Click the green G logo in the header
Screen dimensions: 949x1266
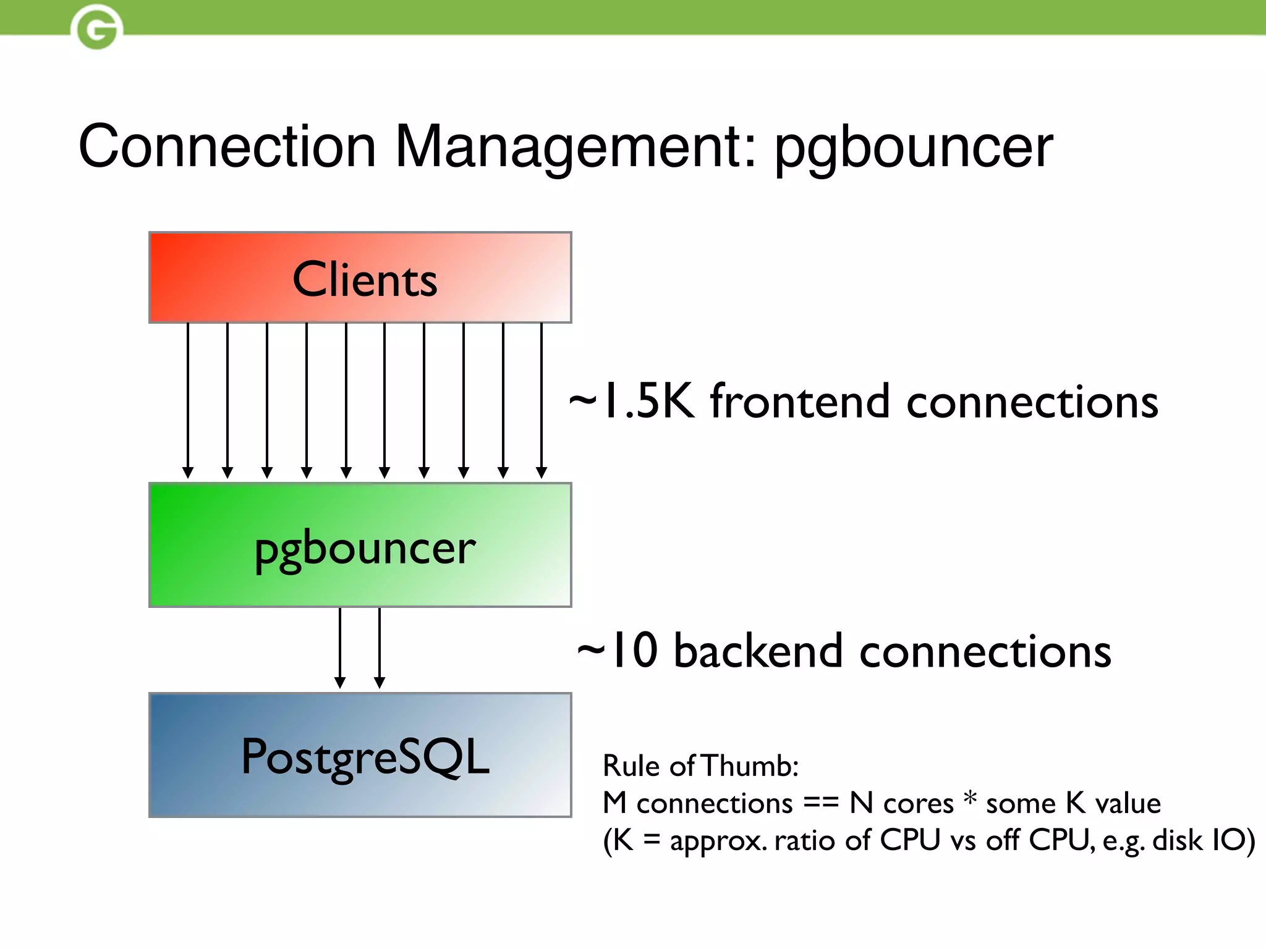click(x=96, y=28)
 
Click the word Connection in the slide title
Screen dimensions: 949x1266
click(x=227, y=146)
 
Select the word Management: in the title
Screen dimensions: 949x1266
click(x=575, y=146)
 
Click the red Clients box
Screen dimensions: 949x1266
click(x=360, y=278)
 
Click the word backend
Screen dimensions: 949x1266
click(x=758, y=651)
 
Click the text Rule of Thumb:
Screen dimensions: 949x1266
click(x=700, y=766)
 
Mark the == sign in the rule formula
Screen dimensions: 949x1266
click(x=821, y=803)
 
